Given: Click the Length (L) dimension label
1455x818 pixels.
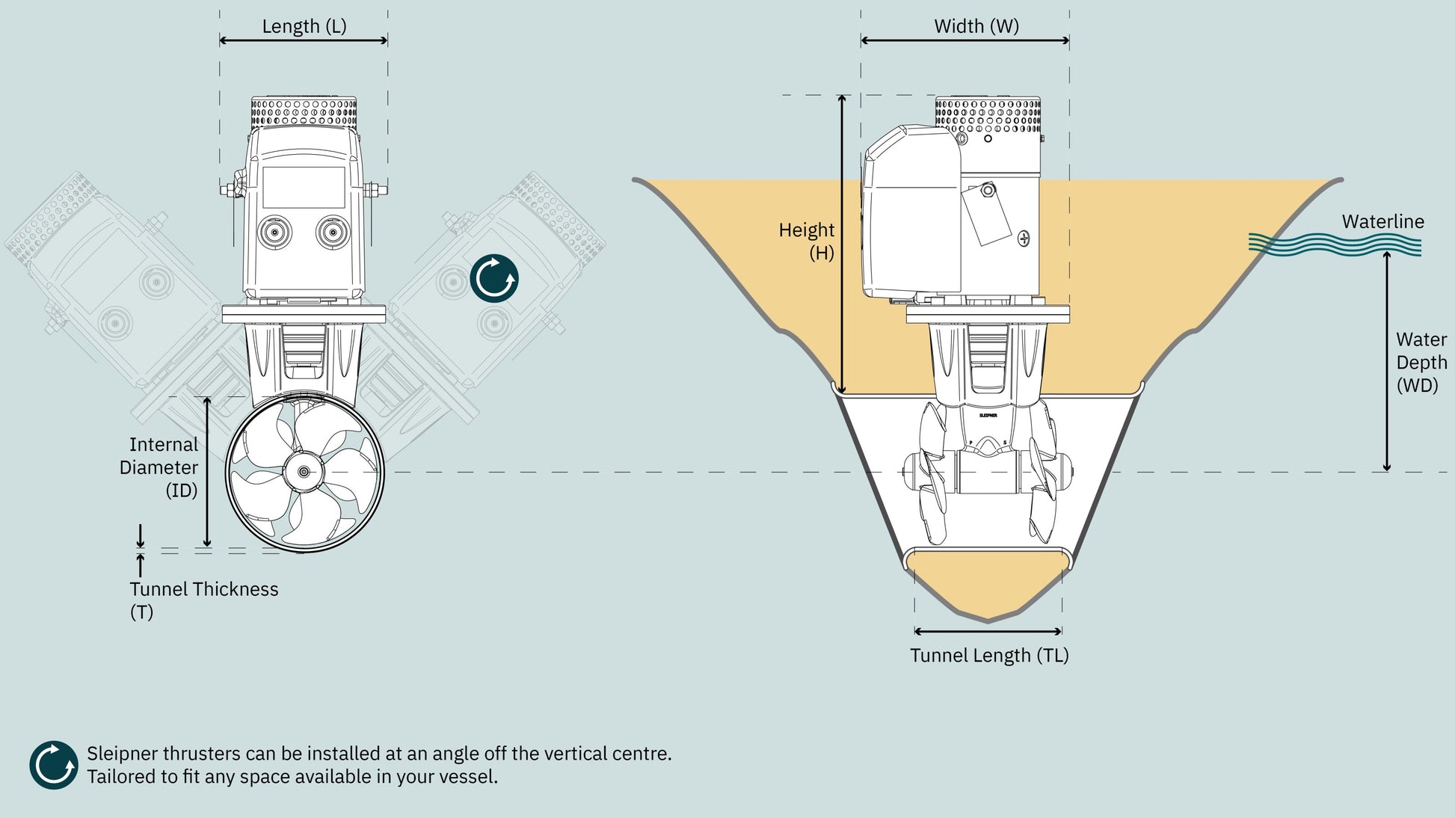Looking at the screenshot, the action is pos(304,26).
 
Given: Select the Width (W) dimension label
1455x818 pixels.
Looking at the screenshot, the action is pos(976,26).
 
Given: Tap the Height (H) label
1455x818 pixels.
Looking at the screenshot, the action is pos(807,241).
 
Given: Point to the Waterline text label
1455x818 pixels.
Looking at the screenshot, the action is pos(1382,221).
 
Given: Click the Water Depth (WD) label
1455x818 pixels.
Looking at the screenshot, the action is pos(1421,362).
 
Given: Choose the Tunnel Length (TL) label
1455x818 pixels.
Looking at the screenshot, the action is pos(989,655).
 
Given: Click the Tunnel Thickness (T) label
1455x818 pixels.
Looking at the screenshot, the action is pos(203,600).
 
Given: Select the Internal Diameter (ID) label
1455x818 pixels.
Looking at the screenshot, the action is pos(159,467).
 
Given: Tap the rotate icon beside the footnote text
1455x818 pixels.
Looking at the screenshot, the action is pos(54,765).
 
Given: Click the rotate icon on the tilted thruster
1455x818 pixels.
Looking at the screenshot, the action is pos(494,278).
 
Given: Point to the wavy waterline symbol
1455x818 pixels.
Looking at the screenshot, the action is pos(1335,245).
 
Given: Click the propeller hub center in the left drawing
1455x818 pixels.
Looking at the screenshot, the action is pos(304,472).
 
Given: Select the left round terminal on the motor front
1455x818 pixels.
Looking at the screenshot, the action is pos(275,233).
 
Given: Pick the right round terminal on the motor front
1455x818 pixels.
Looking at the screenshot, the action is pos(333,233).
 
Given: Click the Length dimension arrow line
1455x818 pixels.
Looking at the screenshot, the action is pos(304,40).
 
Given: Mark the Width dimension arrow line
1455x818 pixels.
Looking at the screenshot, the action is pos(965,40).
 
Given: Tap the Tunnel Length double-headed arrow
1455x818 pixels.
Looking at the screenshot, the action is pos(988,631).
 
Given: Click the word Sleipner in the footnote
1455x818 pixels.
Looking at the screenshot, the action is pos(122,754).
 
